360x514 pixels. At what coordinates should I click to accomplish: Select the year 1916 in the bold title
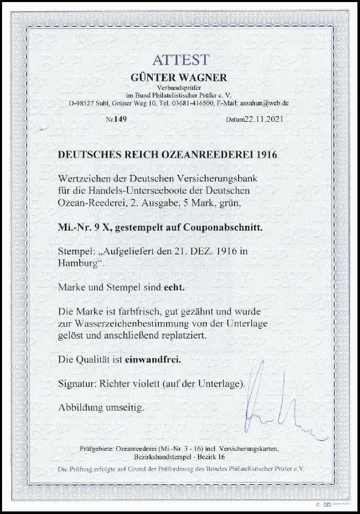coord(268,155)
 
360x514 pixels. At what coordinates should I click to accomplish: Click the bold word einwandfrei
coord(153,360)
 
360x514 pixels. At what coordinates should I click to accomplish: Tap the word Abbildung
coord(85,409)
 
